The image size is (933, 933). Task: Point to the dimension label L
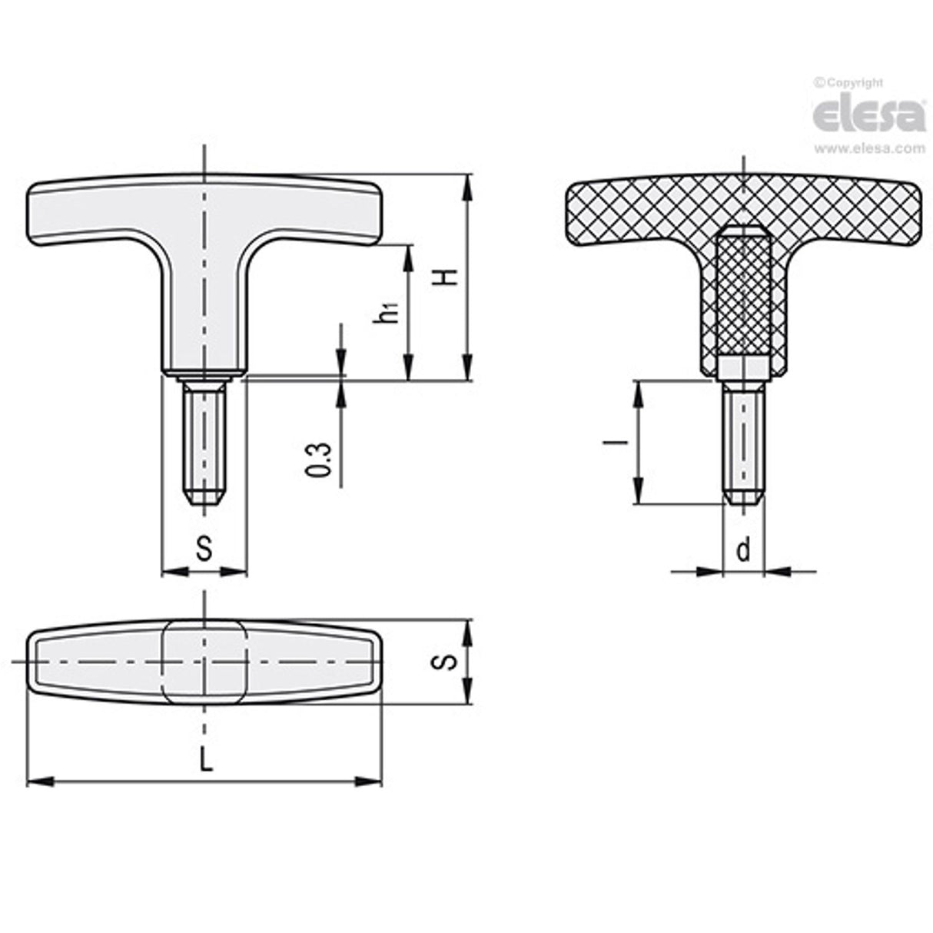[204, 760]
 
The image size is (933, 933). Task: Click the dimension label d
[743, 550]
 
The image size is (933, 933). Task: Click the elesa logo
[868, 115]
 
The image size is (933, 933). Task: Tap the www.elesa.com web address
[868, 148]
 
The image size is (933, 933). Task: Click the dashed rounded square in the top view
[204, 662]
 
